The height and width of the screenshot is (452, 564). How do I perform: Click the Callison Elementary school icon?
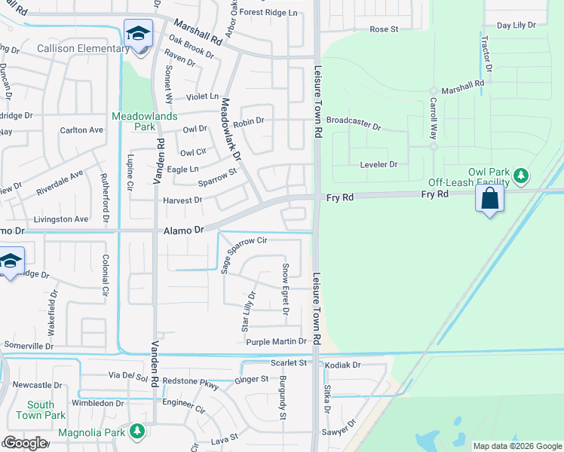click(x=139, y=34)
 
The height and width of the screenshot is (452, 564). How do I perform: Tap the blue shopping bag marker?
click(x=489, y=200)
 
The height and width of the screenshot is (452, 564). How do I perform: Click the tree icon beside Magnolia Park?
click(x=136, y=430)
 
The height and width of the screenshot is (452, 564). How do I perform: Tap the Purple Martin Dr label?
click(x=275, y=341)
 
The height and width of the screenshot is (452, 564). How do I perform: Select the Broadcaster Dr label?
click(x=354, y=121)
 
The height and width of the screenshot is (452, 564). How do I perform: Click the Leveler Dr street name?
click(x=379, y=164)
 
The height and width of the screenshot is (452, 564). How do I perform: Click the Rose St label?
click(x=383, y=29)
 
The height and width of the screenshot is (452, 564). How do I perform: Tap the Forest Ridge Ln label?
click(x=270, y=13)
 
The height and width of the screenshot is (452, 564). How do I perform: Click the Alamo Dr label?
click(x=183, y=231)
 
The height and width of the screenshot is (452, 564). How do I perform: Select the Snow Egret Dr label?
click(x=285, y=289)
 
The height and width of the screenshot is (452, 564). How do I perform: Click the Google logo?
click(x=26, y=443)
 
